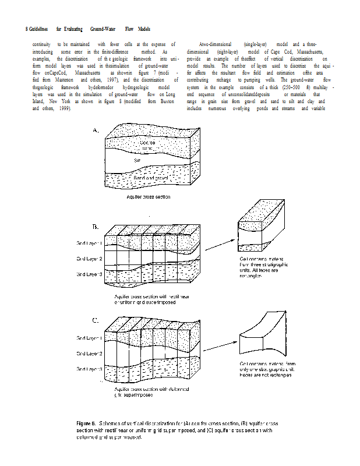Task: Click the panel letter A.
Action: pos(96,132)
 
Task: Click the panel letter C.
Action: pos(96,320)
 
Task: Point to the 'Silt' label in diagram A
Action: pos(138,160)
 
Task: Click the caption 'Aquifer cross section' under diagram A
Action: pos(149,197)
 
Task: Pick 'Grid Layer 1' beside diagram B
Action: pos(90,243)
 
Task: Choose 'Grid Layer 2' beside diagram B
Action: pos(90,258)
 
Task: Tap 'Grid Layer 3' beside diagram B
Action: pos(90,274)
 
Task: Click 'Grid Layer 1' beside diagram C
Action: pos(90,338)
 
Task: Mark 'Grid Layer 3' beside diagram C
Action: pos(90,369)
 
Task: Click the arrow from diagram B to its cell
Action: pos(221,244)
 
